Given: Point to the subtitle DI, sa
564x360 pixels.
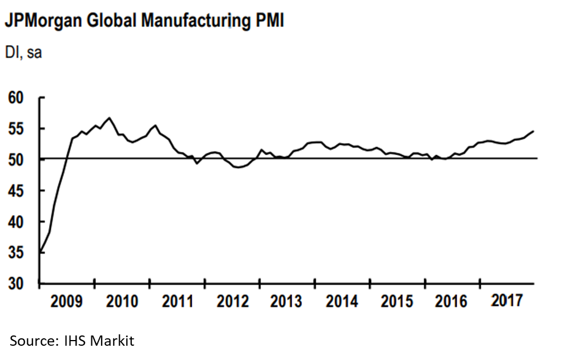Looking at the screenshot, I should pos(23,53).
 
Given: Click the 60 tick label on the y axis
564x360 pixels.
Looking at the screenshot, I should pos(18,98).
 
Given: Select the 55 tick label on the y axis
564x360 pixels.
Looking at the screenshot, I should pos(18,129).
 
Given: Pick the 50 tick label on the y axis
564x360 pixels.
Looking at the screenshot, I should pos(18,160).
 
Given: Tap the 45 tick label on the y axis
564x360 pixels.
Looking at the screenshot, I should pos(18,191).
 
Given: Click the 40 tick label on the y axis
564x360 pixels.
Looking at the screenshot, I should pos(18,222).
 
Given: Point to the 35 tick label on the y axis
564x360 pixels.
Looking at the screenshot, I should pos(18,253).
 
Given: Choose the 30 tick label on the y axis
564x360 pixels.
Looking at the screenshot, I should pos(18,284).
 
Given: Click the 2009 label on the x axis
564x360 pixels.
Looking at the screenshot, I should pos(66,301).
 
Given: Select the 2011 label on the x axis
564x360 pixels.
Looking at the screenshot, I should pos(178,301).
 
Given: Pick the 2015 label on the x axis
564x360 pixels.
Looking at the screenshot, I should pos(397,301).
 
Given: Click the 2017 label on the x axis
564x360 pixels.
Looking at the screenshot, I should pos(506,300).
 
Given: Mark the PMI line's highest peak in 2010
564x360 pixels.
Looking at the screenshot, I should pos(109,118).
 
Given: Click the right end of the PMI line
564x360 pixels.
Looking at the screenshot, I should pos(533,131).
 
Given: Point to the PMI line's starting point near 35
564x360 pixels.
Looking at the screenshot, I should pos(40,252).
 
